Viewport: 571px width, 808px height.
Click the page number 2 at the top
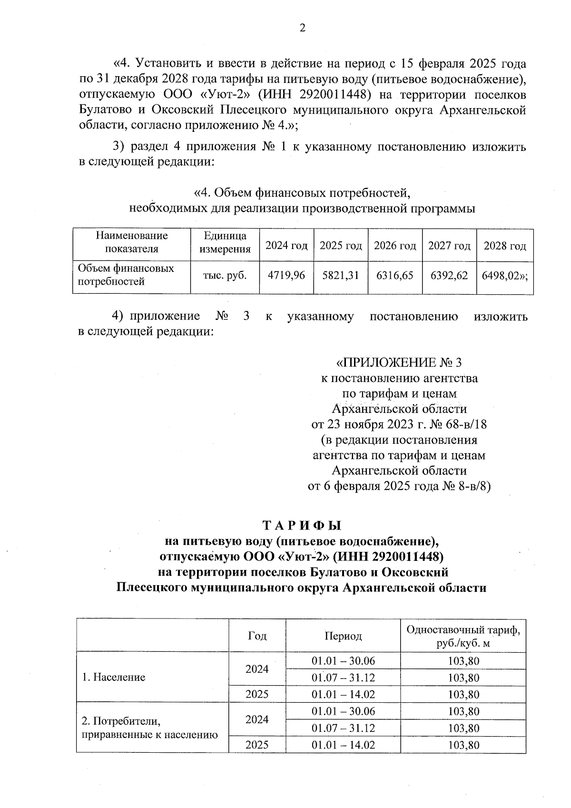[x=302, y=28]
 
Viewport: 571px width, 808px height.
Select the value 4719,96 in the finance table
[x=286, y=275]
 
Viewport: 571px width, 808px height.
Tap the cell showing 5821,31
[x=341, y=275]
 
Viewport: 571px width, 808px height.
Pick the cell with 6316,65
[x=395, y=275]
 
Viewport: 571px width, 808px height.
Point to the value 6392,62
[x=449, y=275]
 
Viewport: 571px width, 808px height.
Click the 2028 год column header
[x=505, y=246]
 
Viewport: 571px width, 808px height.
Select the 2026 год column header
[x=395, y=246]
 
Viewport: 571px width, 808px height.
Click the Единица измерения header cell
[x=225, y=242]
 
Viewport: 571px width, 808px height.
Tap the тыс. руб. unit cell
[x=225, y=275]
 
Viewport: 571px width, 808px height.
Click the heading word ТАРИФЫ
[x=302, y=526]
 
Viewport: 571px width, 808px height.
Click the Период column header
[x=343, y=636]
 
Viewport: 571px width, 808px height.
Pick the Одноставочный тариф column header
[x=463, y=637]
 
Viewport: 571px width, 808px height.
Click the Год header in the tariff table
[x=257, y=636]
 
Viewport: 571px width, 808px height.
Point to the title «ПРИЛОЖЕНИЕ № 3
[x=399, y=363]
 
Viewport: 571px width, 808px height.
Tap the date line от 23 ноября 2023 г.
[x=399, y=424]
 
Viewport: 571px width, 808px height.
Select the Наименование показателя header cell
[x=132, y=242]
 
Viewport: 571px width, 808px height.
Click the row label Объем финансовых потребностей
[x=126, y=275]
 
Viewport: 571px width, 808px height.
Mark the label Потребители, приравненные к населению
[x=150, y=727]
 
